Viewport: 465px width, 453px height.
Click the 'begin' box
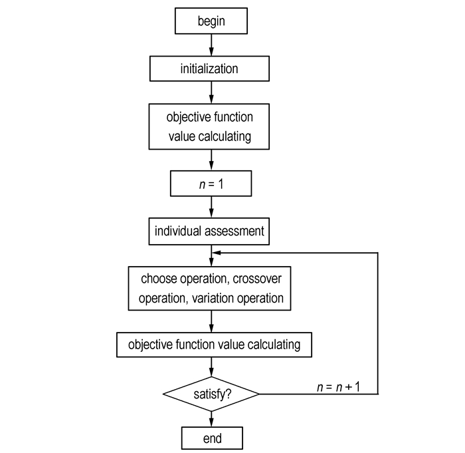[x=211, y=21]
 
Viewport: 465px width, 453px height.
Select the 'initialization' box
[x=209, y=69]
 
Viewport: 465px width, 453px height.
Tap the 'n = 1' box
[x=211, y=184]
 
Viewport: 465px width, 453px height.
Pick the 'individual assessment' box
[x=209, y=231]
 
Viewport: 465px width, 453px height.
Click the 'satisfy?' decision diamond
[x=211, y=394]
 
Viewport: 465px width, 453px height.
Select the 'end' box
[x=212, y=438]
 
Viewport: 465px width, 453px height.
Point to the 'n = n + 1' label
[x=338, y=387]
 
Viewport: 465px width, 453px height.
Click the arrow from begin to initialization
[x=211, y=45]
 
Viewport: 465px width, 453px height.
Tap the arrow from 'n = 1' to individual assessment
[x=211, y=207]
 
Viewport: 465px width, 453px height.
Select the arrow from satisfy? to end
[x=211, y=419]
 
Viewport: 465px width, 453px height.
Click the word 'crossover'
[x=257, y=279]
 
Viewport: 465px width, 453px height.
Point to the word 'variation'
[x=213, y=298]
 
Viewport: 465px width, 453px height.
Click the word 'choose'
[x=159, y=279]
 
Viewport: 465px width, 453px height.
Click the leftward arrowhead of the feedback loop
[x=217, y=253]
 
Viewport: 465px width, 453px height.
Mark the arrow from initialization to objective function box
[x=211, y=92]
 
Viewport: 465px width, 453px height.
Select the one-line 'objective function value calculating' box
[x=214, y=345]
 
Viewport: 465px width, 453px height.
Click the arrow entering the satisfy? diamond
[x=211, y=367]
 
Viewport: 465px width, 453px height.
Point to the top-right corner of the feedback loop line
[x=378, y=253]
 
